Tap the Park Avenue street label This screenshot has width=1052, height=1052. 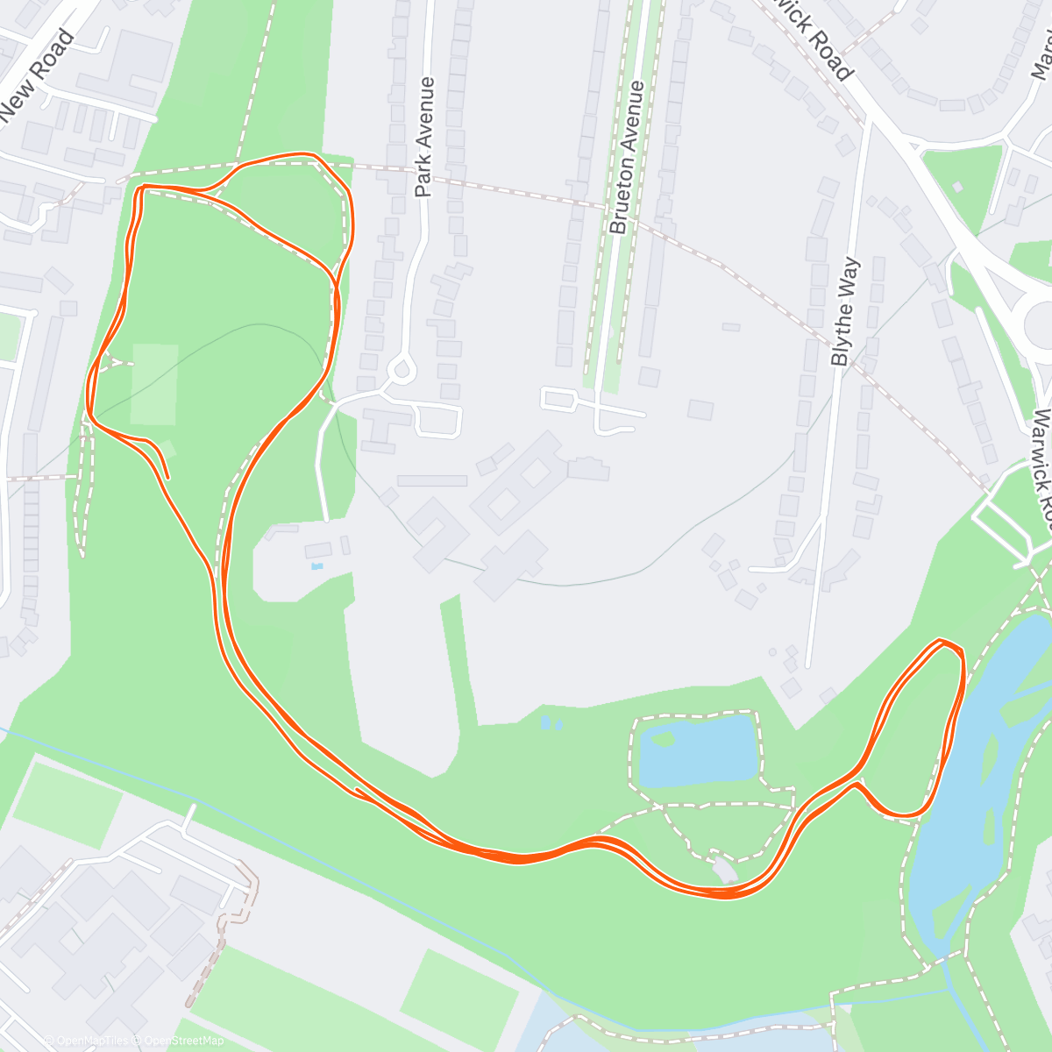[425, 137]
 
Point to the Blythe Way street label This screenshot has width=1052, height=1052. [842, 312]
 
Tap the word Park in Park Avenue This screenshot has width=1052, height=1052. [423, 175]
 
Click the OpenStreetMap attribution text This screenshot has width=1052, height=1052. [185, 1041]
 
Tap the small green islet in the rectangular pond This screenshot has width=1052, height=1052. [663, 739]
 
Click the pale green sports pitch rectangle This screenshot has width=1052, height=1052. [154, 384]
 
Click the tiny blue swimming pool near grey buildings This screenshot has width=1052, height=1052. [316, 566]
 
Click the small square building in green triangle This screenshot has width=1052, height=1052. [957, 187]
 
